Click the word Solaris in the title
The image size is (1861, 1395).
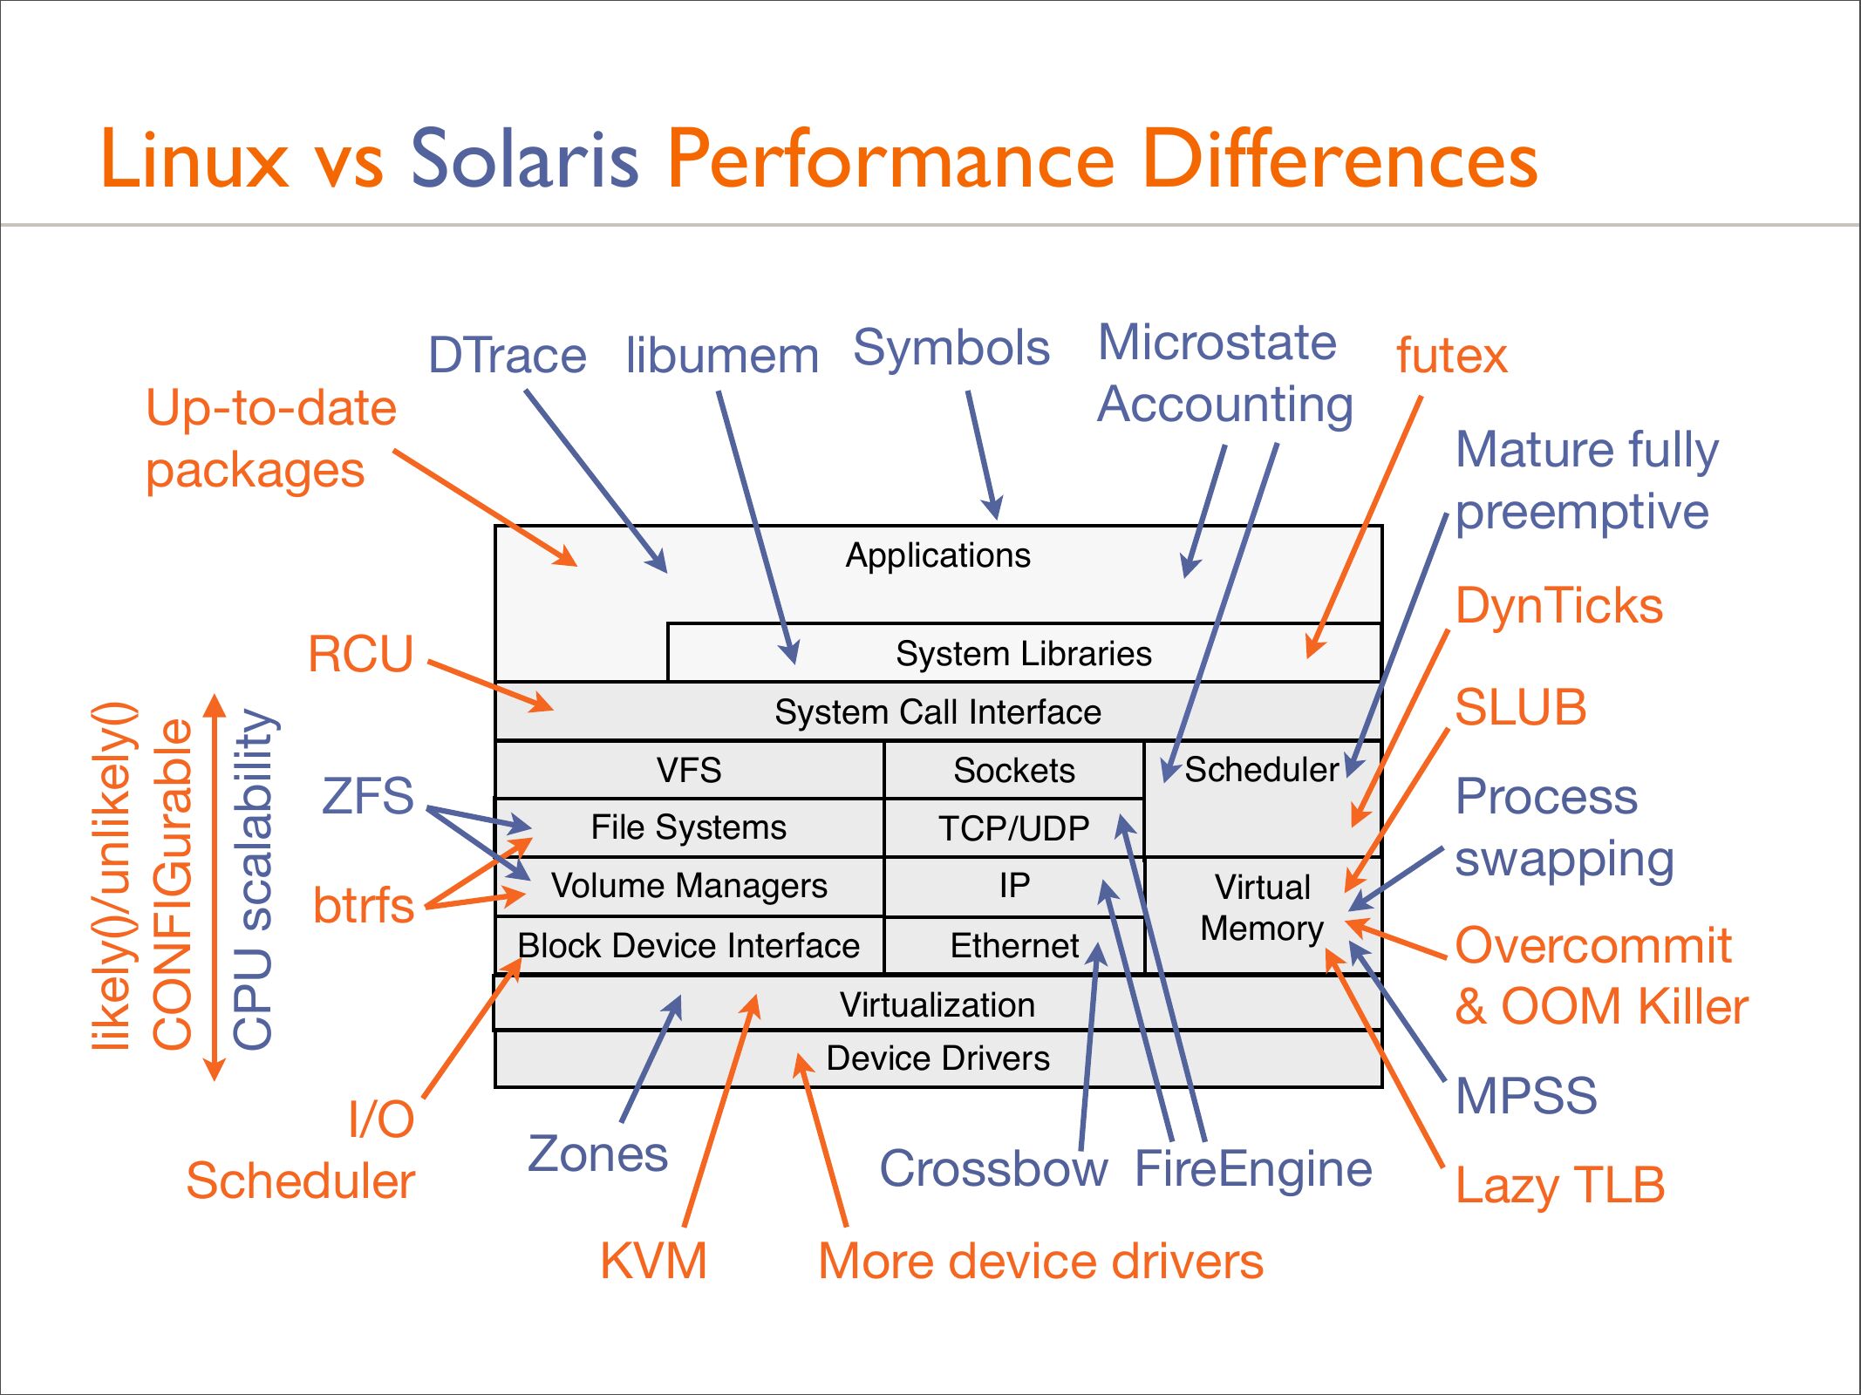coord(524,159)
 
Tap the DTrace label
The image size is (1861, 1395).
coord(507,356)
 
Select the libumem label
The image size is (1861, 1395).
coord(722,356)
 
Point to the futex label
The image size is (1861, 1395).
coord(1451,356)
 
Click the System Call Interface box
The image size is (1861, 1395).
coord(937,711)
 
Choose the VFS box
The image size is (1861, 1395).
coord(689,770)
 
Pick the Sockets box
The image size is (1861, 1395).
coord(1013,770)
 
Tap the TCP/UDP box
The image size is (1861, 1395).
coord(1013,828)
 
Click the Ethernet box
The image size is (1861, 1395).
coord(1013,945)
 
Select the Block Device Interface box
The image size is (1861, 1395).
coord(689,945)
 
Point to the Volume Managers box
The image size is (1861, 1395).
coord(689,886)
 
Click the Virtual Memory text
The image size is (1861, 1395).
coord(1262,908)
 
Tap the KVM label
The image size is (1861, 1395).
coord(653,1261)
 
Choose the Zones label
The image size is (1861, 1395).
coord(597,1153)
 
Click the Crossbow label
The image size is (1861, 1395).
coord(992,1168)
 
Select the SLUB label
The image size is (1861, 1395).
coord(1520,706)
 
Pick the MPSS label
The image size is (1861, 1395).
coord(1526,1095)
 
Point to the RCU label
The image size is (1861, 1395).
coord(360,654)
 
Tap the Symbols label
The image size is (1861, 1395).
coord(951,347)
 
